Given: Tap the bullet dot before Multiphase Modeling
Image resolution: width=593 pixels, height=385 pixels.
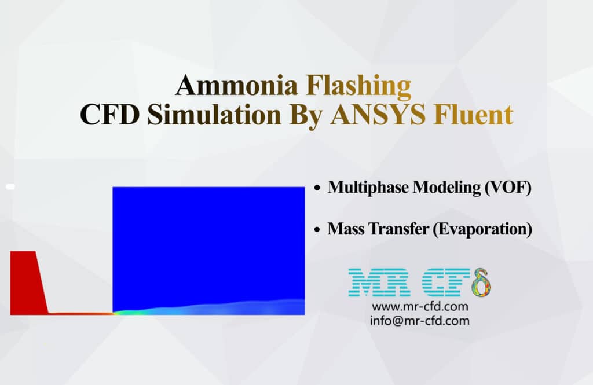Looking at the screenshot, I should pyautogui.click(x=317, y=188).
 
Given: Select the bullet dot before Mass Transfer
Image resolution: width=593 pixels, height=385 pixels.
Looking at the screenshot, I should pyautogui.click(x=317, y=230).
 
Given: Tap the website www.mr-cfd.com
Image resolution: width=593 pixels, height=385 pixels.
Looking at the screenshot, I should pyautogui.click(x=420, y=306).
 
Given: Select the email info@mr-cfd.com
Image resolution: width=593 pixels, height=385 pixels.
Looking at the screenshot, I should pyautogui.click(x=420, y=320).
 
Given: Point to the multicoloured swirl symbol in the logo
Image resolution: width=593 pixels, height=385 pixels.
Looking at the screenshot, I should pyautogui.click(x=481, y=282).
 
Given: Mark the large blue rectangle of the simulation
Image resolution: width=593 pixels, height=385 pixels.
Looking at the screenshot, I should pyautogui.click(x=208, y=243).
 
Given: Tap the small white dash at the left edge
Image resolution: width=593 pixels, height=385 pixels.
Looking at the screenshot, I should pyautogui.click(x=10, y=187).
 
